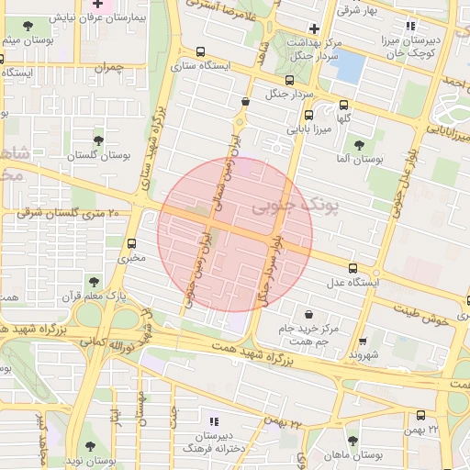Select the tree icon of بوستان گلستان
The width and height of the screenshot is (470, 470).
pos(98,140)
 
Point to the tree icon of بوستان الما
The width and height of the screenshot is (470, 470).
pos(358,144)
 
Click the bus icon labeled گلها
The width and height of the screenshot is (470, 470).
pos(343,105)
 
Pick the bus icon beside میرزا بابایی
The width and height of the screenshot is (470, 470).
pos(308,116)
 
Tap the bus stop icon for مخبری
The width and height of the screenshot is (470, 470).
pos(132,243)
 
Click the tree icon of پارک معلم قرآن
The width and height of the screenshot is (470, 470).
pos(92,280)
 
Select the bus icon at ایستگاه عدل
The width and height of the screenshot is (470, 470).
pos(365,270)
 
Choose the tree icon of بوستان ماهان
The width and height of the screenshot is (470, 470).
pos(352,441)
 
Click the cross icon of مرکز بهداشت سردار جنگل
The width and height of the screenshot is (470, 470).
pos(314,28)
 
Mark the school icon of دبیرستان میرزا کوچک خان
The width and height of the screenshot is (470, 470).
pos(409,26)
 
